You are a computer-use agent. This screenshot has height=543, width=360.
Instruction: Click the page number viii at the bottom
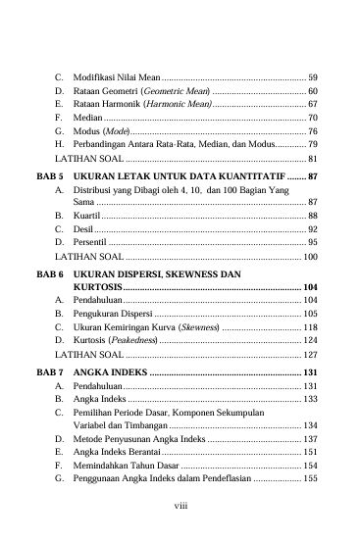pyautogui.click(x=180, y=508)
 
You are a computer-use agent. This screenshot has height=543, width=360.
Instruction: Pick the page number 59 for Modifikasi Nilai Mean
pyautogui.click(x=312, y=75)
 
